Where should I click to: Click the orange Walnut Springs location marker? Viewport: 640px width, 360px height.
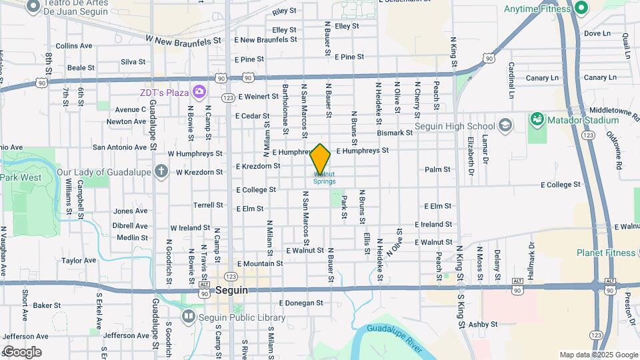(321, 159)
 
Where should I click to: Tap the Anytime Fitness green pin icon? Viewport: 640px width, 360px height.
(580, 9)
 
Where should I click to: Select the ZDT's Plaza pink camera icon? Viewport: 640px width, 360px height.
(199, 91)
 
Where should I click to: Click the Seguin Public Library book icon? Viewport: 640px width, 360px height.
(189, 316)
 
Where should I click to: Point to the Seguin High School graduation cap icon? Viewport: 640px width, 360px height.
(505, 126)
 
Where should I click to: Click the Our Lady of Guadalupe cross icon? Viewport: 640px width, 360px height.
(160, 171)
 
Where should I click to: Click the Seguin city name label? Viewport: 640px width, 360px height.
(232, 291)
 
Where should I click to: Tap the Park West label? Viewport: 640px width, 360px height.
(20, 178)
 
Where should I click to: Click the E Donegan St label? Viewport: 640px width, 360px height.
(301, 303)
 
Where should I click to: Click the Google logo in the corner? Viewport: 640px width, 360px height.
(21, 352)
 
